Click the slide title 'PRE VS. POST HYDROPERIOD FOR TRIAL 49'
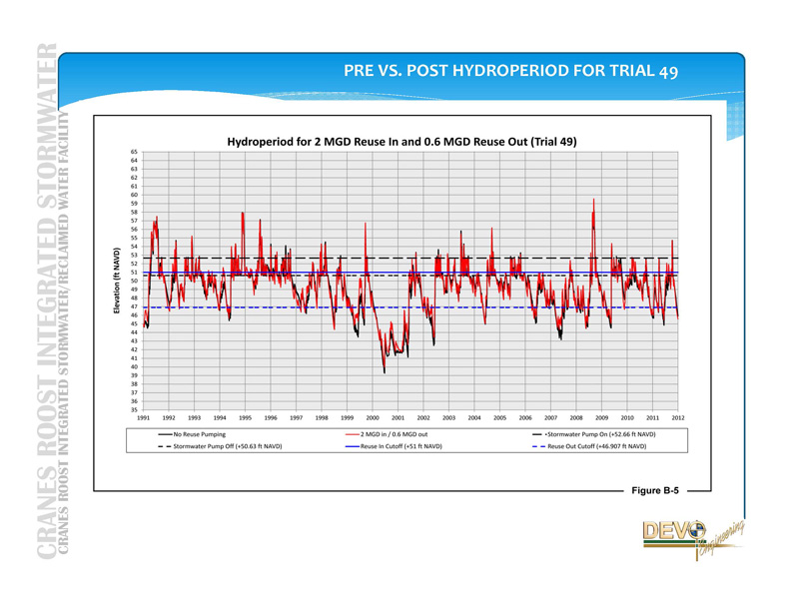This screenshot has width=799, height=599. click(510, 71)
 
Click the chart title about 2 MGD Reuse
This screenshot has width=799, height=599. click(401, 142)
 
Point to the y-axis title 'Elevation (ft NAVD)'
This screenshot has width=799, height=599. click(118, 282)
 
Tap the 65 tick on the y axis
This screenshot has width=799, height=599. click(134, 152)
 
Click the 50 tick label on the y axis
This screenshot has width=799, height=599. click(134, 281)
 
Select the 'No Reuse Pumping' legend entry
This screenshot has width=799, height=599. click(199, 434)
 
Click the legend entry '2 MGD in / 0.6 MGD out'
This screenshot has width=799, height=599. click(394, 434)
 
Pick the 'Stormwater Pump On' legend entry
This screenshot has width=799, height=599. click(600, 434)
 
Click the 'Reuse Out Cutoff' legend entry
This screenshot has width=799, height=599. click(596, 446)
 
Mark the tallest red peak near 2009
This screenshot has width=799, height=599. click(593, 200)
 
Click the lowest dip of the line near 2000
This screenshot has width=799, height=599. click(385, 371)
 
